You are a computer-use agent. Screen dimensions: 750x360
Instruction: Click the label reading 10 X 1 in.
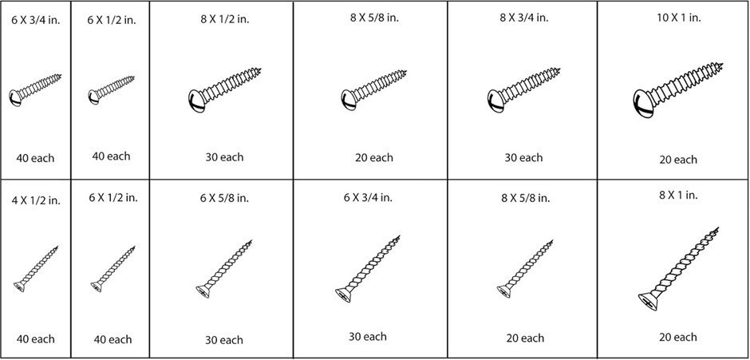(x=677, y=18)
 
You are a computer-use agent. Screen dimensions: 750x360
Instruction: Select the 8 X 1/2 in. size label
(x=225, y=20)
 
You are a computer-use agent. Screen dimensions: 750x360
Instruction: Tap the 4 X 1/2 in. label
(x=36, y=200)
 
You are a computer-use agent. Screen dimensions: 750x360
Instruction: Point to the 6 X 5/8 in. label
(x=224, y=198)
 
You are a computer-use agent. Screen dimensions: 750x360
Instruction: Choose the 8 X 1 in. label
(x=677, y=195)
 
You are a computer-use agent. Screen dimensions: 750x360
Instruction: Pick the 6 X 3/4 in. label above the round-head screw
(x=36, y=21)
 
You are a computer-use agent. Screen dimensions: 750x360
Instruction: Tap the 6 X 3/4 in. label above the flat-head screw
(x=368, y=197)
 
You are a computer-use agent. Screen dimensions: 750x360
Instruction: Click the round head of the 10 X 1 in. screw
(x=643, y=104)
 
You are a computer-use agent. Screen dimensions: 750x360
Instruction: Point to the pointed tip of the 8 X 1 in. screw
(x=718, y=227)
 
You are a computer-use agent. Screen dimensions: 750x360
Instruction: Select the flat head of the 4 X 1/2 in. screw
(x=19, y=287)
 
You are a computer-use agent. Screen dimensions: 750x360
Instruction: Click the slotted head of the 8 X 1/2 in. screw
(x=196, y=101)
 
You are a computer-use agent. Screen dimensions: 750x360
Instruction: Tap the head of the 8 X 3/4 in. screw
(x=495, y=101)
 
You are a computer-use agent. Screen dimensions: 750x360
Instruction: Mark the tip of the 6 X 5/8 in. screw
(x=251, y=240)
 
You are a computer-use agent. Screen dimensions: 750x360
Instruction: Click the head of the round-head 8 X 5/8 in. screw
(x=349, y=100)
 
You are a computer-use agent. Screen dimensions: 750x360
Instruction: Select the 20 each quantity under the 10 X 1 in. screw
(x=678, y=160)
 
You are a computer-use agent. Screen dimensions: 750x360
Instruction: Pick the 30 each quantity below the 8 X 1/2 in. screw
(x=224, y=157)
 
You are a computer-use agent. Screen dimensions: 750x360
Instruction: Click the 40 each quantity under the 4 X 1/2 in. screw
(x=35, y=339)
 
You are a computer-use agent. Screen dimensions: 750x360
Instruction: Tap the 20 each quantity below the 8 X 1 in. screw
(x=677, y=337)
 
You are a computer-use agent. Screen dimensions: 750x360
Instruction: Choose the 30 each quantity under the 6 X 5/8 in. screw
(x=224, y=340)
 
